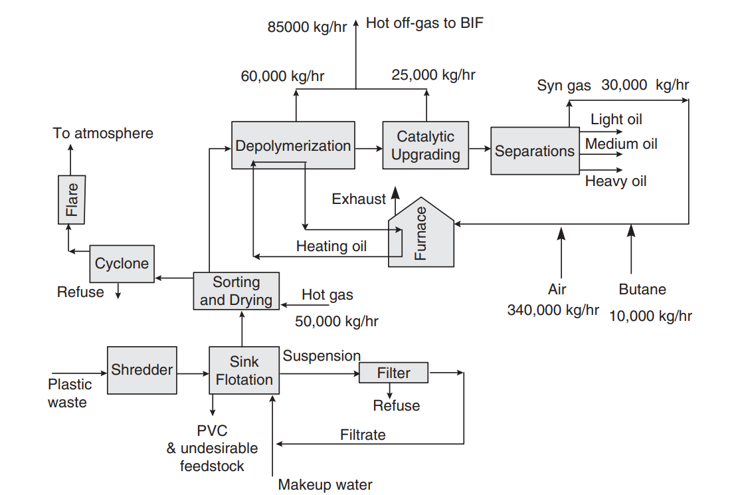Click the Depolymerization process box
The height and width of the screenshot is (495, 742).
[293, 146]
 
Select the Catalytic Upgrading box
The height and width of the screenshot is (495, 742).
[425, 146]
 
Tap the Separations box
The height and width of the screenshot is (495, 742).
[534, 151]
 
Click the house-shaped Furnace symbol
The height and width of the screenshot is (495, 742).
[421, 235]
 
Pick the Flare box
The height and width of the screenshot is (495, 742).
[71, 199]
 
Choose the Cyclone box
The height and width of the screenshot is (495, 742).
[122, 264]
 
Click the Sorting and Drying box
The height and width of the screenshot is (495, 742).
[236, 291]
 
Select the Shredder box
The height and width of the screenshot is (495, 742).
[142, 370]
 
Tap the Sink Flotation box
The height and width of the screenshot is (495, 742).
[244, 371]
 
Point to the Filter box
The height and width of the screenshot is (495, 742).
[393, 373]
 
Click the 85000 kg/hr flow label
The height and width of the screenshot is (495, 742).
[306, 27]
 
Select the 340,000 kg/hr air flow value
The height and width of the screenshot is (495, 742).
[553, 310]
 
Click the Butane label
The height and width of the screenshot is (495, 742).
[642, 289]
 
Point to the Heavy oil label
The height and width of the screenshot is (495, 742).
[615, 181]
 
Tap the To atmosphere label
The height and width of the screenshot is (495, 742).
[103, 133]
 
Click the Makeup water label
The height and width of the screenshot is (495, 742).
[325, 484]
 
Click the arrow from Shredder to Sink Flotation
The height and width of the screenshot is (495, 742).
[193, 373]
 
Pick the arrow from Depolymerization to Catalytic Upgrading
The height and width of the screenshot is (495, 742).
[369, 146]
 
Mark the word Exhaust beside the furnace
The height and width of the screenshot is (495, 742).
[359, 199]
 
